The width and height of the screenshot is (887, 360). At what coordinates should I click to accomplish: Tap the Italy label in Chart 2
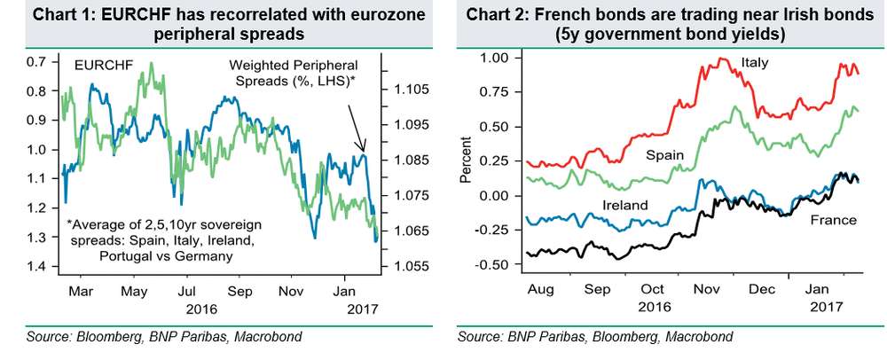754,62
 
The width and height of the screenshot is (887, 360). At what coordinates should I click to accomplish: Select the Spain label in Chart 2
664,155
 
